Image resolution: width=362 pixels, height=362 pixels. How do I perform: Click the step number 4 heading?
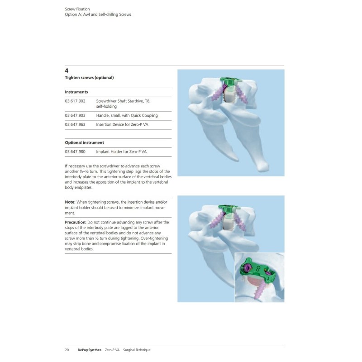point(67,71)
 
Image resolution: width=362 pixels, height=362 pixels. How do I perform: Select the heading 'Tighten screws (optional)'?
point(89,77)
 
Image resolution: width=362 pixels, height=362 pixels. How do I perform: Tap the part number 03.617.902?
point(75,101)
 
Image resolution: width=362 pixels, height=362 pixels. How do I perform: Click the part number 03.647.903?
point(75,115)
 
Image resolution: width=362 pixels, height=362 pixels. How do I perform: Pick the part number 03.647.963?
point(75,124)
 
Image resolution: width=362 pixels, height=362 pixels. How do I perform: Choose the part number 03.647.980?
point(75,152)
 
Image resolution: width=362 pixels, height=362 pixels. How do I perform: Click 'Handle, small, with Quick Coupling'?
point(127,115)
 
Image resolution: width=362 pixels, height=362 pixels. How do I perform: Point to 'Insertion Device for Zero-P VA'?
point(122,124)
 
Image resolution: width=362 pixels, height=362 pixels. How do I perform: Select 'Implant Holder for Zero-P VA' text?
point(121,152)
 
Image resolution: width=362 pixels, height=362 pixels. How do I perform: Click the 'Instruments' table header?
point(76,92)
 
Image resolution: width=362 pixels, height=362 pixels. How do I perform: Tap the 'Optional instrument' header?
point(84,143)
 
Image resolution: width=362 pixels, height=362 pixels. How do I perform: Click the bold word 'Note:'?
point(70,202)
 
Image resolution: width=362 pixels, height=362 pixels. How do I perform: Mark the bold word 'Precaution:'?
point(76,222)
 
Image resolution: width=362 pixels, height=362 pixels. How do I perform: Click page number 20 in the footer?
point(67,350)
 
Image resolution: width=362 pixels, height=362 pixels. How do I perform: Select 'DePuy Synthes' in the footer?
point(89,350)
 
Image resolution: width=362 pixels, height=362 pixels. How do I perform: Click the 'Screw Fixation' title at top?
point(77,9)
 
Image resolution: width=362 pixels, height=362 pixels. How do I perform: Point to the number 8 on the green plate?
point(258,268)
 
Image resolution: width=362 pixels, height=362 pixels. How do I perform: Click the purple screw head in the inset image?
point(247,268)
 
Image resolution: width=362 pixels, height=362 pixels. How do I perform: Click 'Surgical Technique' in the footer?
point(137,350)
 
